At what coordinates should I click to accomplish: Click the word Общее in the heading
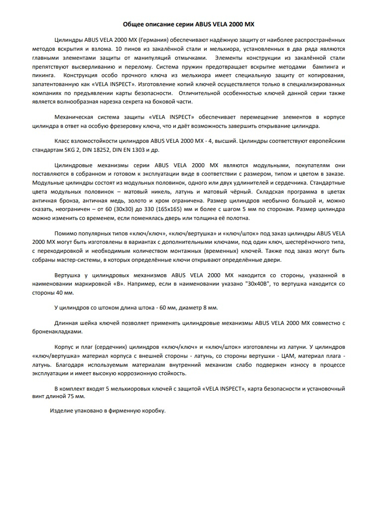click(x=134, y=24)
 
